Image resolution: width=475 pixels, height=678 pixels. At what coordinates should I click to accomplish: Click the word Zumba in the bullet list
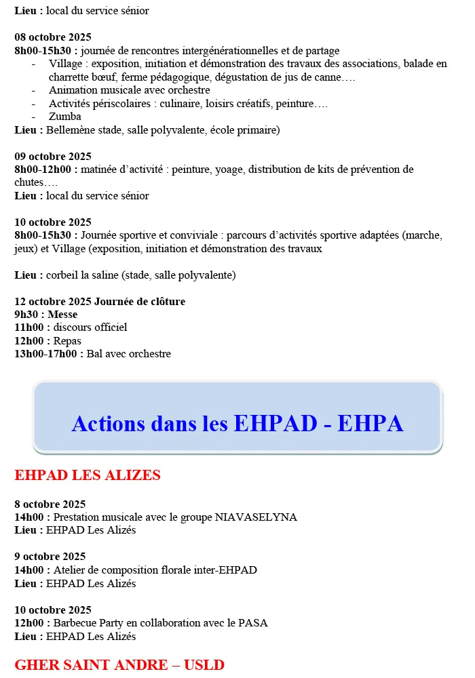(x=65, y=117)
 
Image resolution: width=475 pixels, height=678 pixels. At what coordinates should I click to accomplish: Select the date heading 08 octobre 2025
(x=53, y=37)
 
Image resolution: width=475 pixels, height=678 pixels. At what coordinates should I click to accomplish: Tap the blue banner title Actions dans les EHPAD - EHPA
(x=237, y=424)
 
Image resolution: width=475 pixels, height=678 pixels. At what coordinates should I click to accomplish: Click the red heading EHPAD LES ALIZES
(x=88, y=475)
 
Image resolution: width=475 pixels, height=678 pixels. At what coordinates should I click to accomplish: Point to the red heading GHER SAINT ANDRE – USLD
(x=119, y=664)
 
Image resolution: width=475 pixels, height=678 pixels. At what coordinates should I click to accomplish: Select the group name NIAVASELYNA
(x=256, y=517)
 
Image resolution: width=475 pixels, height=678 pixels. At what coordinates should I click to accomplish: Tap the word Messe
(x=62, y=315)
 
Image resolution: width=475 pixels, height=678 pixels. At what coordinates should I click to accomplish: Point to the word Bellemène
(x=70, y=130)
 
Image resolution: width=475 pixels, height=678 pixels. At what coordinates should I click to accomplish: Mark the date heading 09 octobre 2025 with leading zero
(x=53, y=157)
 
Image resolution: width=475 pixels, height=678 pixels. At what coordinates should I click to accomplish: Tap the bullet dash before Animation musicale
(x=34, y=90)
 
